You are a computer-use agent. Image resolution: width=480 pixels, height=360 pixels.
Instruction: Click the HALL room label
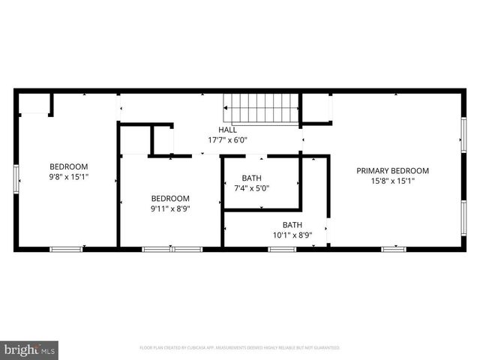point(227,130)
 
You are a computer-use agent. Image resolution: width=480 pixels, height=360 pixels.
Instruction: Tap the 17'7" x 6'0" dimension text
point(227,139)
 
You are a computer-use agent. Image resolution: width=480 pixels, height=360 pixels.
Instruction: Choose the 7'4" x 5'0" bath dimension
point(251,187)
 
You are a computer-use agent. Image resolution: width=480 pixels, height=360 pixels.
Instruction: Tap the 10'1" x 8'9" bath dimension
point(292,235)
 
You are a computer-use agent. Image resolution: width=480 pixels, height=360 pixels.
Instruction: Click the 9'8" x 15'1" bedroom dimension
point(69,177)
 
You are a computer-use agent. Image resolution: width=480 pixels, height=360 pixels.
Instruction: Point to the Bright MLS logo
point(30,349)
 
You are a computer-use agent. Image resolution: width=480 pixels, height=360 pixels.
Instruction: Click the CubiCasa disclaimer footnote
point(240,348)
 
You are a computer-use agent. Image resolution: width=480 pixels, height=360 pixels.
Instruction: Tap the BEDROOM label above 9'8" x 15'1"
point(69,166)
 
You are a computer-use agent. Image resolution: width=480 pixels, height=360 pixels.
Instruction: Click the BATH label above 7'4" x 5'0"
point(251,178)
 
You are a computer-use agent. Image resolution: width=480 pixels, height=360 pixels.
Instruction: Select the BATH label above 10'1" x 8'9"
point(292,225)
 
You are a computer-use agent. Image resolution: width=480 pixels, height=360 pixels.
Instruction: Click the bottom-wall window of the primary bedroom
point(394,249)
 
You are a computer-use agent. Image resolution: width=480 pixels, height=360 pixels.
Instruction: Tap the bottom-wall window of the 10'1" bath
point(282,249)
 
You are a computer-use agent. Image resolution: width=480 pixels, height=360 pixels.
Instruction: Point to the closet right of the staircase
point(317,108)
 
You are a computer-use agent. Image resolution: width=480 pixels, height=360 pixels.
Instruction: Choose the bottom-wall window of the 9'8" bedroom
point(66,249)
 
